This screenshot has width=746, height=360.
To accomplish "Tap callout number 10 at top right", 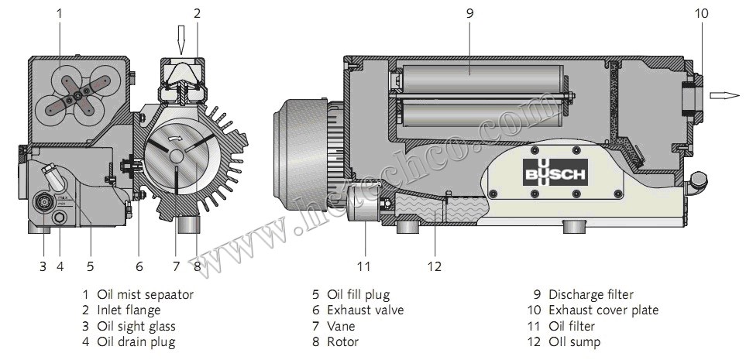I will coord(702,12).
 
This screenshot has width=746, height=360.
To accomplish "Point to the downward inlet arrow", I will coord(180,38).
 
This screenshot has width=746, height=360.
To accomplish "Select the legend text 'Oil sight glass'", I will coord(136,326).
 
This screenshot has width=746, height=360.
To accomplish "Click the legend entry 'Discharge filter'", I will coord(590,294).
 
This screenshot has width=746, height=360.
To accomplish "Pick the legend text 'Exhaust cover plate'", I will coord(603,310).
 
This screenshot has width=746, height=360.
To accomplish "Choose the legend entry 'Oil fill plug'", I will coord(358,294).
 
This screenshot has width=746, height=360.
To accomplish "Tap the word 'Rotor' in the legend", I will coord(343,341).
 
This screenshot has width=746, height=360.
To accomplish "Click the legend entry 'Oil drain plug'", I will coord(136,341).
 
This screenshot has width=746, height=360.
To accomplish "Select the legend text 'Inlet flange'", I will coord(129,310).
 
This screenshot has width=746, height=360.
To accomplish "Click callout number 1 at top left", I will coord(60,12).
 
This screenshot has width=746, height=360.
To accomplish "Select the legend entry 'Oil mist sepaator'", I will coord(144,294).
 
